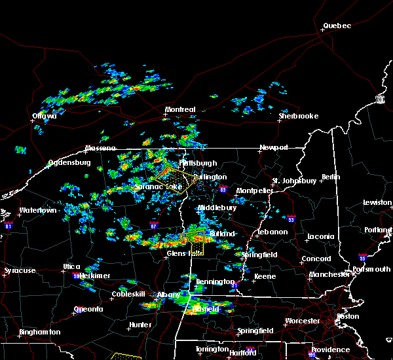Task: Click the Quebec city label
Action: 337,26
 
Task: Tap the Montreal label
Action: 180,109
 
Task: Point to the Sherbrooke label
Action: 298,116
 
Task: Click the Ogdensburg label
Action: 68,163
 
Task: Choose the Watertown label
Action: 37,210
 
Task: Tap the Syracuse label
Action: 20,270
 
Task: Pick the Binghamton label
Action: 39,332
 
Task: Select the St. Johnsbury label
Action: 295,181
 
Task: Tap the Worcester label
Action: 303,321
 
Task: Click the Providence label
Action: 331,350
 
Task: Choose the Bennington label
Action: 214,281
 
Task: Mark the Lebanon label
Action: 272,232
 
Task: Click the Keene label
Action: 265,276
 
